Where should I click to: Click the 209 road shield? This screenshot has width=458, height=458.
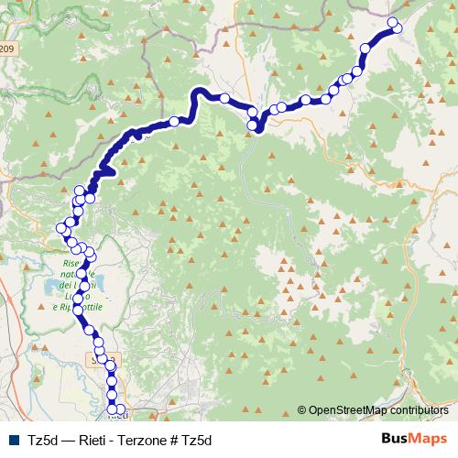7,49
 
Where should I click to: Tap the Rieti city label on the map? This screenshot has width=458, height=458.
116,414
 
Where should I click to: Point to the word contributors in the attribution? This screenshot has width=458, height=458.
419,410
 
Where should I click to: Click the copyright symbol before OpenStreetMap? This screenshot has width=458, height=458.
301,410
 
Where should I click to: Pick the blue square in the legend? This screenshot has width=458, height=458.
14,440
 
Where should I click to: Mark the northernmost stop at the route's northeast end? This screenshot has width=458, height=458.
394,23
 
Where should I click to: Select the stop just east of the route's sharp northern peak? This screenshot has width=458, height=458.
224,98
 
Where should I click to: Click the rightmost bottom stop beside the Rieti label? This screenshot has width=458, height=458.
120,409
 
